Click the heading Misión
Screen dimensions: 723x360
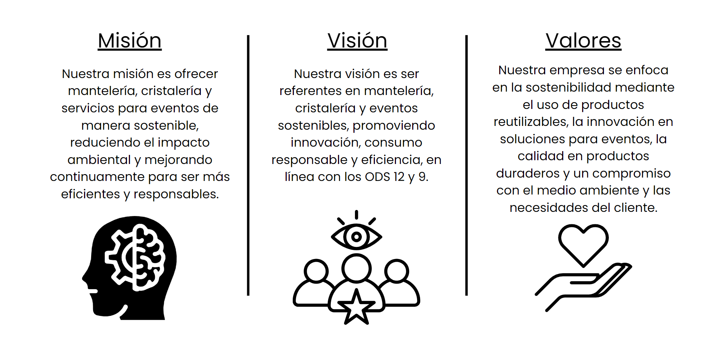point(130,40)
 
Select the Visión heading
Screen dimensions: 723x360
point(357,40)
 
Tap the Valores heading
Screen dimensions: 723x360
point(583,40)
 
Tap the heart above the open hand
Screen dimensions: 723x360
point(583,245)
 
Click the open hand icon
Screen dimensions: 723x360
point(583,286)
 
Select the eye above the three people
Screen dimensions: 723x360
point(356,237)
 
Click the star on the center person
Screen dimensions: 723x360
point(356,307)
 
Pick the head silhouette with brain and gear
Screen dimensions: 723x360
point(129,268)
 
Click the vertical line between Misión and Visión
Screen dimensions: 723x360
point(248,165)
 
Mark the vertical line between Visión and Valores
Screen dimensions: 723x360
point(466,165)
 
